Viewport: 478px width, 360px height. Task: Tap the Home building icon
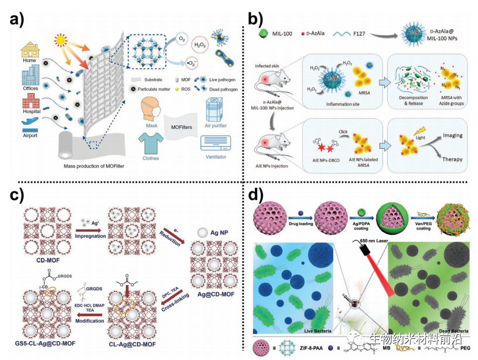tap(30, 50)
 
